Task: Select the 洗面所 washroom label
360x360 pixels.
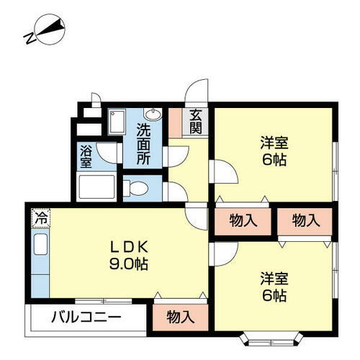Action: click(143, 144)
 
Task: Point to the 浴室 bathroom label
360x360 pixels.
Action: click(86, 156)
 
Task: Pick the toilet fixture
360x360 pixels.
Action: click(137, 189)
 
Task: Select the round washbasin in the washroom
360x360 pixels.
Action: click(153, 114)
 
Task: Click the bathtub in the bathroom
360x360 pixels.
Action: click(96, 188)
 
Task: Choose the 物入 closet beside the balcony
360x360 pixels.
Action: click(179, 316)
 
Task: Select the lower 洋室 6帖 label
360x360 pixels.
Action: click(274, 285)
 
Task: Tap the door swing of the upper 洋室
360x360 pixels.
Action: click(222, 173)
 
